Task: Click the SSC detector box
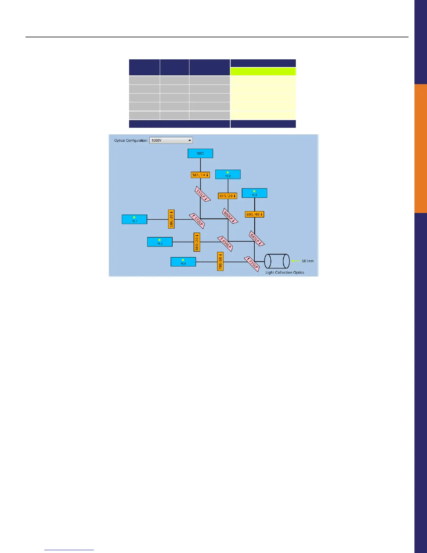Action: point(200,153)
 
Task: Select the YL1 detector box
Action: point(134,219)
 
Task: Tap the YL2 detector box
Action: point(228,174)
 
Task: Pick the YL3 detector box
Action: point(160,242)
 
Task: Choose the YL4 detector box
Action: point(183,261)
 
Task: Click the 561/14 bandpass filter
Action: point(200,175)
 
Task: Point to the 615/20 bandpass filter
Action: point(227,196)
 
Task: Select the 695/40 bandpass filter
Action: point(254,214)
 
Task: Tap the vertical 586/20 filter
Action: point(171,219)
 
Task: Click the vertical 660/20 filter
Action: point(197,242)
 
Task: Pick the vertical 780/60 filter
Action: point(220,261)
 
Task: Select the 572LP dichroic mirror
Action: point(197,221)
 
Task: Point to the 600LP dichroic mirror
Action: point(230,215)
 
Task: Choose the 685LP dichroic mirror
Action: point(257,238)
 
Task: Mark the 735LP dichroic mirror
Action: point(252,264)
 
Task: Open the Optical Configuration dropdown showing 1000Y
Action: point(171,140)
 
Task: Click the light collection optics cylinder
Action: point(277,261)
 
